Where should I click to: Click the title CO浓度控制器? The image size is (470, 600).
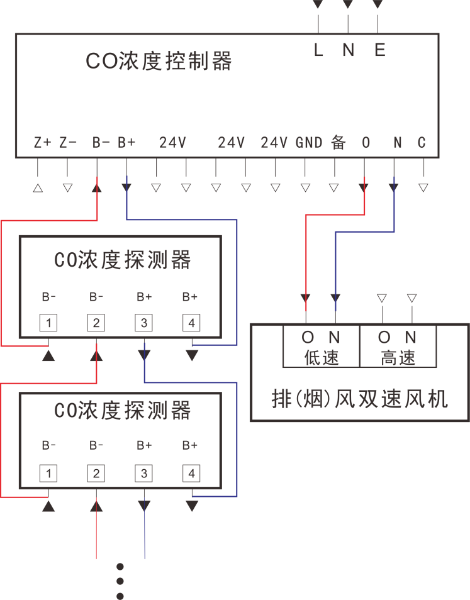pyautogui.click(x=159, y=61)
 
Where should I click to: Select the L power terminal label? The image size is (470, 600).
pyautogui.click(x=318, y=51)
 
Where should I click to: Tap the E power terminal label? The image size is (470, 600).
pyautogui.click(x=379, y=51)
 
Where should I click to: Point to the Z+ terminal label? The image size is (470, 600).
pyautogui.click(x=43, y=143)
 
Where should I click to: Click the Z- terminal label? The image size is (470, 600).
pyautogui.click(x=68, y=143)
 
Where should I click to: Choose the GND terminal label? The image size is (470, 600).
pyautogui.click(x=309, y=143)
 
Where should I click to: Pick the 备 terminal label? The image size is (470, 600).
pyautogui.click(x=339, y=143)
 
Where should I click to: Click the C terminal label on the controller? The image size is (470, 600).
pyautogui.click(x=422, y=143)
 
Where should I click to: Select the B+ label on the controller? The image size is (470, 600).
pyautogui.click(x=127, y=143)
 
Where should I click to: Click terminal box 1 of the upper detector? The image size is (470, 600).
pyautogui.click(x=49, y=323)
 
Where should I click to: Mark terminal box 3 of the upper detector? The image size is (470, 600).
pyautogui.click(x=144, y=323)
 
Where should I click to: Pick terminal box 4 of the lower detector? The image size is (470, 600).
pyautogui.click(x=191, y=473)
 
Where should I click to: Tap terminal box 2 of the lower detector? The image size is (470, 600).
pyautogui.click(x=96, y=473)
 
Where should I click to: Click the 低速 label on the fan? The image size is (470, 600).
pyautogui.click(x=322, y=358)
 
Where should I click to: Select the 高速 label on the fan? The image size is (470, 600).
pyautogui.click(x=398, y=358)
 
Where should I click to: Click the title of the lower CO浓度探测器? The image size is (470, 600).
pyautogui.click(x=122, y=411)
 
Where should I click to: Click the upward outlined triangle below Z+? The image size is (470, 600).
pyautogui.click(x=38, y=187)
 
